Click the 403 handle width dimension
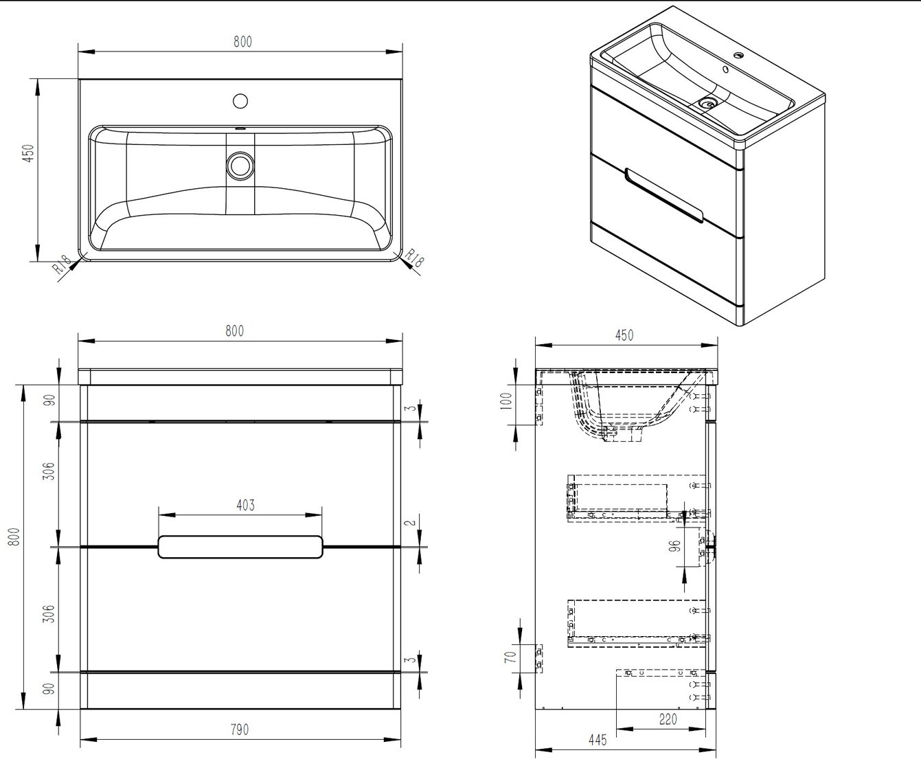point(245,506)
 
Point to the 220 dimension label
point(668,719)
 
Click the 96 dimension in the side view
point(675,547)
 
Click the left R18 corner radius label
point(62,264)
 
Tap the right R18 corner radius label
point(414,258)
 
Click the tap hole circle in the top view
point(240,101)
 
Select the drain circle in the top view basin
point(240,165)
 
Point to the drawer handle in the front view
point(240,547)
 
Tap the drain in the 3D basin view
point(707,103)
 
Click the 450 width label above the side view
point(624,335)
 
